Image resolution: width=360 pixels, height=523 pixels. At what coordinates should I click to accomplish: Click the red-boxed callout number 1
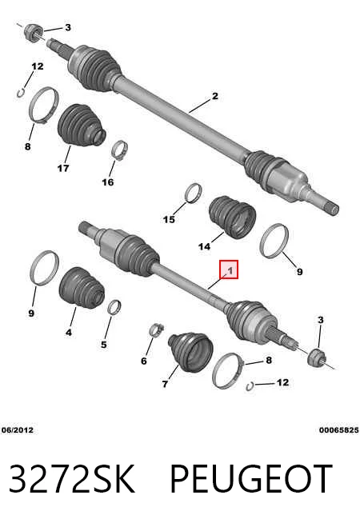pyautogui.click(x=230, y=269)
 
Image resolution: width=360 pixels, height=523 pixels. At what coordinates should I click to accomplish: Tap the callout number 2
pyautogui.click(x=215, y=96)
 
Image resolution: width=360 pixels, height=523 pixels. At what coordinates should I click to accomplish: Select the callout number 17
pyautogui.click(x=63, y=168)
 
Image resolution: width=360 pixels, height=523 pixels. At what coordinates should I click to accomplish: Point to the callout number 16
pyautogui.click(x=108, y=182)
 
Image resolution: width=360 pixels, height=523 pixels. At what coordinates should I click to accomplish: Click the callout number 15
pyautogui.click(x=169, y=219)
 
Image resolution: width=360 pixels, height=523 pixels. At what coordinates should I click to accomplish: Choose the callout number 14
pyautogui.click(x=204, y=246)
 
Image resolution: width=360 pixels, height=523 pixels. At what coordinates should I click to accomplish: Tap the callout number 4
pyautogui.click(x=68, y=332)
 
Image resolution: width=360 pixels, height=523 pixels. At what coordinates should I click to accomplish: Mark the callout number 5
pyautogui.click(x=104, y=344)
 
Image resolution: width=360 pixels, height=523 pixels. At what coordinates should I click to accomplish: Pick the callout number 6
pyautogui.click(x=144, y=361)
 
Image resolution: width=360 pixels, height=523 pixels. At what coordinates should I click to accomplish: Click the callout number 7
pyautogui.click(x=165, y=384)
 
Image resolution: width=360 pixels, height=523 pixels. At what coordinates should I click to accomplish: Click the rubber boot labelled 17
pyautogui.click(x=82, y=126)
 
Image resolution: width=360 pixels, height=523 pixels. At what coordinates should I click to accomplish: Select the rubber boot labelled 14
pyautogui.click(x=232, y=217)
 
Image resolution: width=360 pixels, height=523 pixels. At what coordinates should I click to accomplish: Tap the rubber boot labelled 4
pyautogui.click(x=82, y=286)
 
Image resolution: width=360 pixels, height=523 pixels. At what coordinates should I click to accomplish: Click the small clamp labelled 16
pyautogui.click(x=120, y=151)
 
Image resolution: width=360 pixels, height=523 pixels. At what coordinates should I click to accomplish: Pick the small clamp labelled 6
pyautogui.click(x=157, y=330)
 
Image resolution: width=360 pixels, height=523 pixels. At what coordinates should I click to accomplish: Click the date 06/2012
pyautogui.click(x=18, y=430)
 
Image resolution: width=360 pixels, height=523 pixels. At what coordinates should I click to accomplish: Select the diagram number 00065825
pyautogui.click(x=338, y=430)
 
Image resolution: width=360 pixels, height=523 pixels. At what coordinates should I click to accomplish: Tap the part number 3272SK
pyautogui.click(x=72, y=478)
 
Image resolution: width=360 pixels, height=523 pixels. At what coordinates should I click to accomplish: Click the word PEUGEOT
pyautogui.click(x=251, y=478)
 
